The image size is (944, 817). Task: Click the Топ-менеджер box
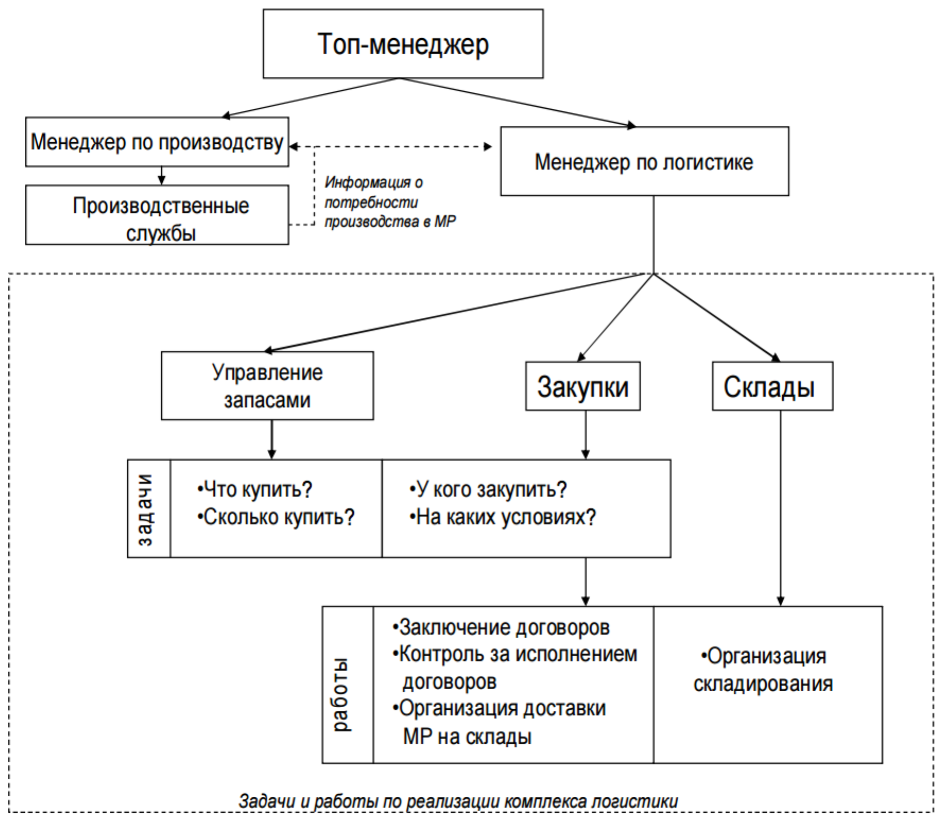[x=403, y=44]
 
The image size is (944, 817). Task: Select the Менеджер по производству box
[x=157, y=142]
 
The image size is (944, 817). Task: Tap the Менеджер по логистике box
[x=644, y=161]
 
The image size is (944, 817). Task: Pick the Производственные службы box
[x=157, y=215]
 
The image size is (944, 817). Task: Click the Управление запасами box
[x=267, y=386]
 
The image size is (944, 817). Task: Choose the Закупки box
[x=583, y=386]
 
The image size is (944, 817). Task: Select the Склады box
[x=773, y=386]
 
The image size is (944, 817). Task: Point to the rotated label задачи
[x=145, y=509]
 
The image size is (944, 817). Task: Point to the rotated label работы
[x=341, y=695]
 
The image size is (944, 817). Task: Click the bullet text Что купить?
[x=255, y=489]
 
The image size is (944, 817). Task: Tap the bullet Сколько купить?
[x=276, y=517]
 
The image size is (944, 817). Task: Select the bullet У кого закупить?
[x=488, y=489]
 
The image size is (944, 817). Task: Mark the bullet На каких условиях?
[x=503, y=517]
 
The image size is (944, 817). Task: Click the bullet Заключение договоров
[x=501, y=628]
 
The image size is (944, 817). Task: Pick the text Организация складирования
[x=763, y=670]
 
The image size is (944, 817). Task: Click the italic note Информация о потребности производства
[x=390, y=202]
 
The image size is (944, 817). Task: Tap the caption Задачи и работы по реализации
[x=458, y=801]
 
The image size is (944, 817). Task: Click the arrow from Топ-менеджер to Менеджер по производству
[x=310, y=98]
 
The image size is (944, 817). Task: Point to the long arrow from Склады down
[x=780, y=508]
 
